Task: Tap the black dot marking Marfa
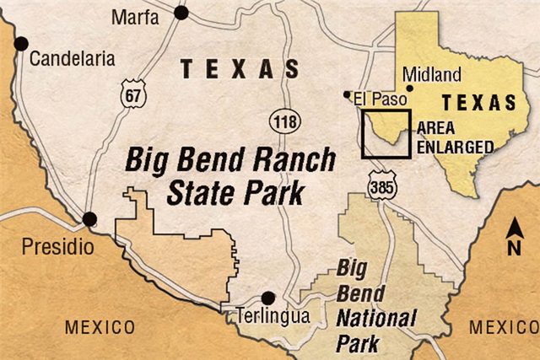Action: coord(181,12)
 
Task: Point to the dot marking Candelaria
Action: coord(23,44)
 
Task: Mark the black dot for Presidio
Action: coord(89,220)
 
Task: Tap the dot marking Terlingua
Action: coord(268,298)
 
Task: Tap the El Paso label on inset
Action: coord(374,96)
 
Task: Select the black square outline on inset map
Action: coord(386,134)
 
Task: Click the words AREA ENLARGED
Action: coord(455,137)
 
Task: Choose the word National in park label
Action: coord(376,319)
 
